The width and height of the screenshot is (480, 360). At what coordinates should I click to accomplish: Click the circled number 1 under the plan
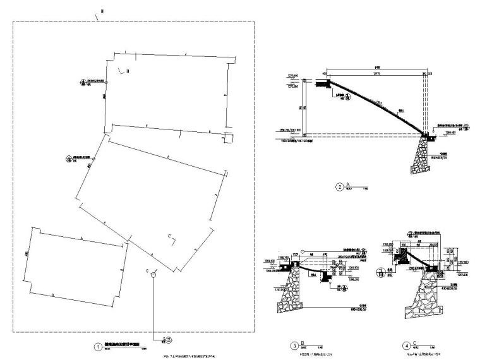coord(97,347)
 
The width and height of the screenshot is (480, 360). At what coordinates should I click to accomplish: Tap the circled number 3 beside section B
coord(294,345)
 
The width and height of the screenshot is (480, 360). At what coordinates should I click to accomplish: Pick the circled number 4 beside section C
coord(404,345)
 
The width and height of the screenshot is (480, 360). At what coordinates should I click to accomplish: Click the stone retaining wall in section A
coord(421,158)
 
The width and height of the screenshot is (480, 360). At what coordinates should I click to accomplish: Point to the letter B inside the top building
coord(127,71)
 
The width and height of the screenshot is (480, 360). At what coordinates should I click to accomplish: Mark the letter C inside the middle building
coord(169,236)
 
